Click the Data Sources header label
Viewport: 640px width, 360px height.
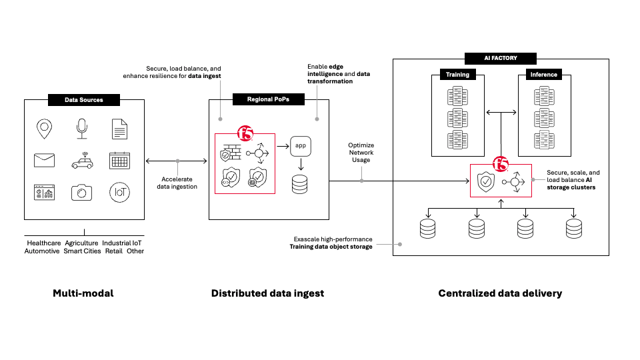[84, 100]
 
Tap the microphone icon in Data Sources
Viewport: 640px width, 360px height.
[82, 128]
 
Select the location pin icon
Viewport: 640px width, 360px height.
[44, 128]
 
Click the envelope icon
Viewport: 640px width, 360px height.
[44, 160]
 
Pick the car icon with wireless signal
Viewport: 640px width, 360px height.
[82, 160]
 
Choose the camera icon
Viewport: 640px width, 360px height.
[82, 192]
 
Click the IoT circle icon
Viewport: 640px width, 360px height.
[119, 192]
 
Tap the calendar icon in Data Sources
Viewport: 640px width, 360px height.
[119, 160]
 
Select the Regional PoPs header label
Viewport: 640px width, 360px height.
[268, 100]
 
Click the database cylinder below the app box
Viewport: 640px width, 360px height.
[301, 184]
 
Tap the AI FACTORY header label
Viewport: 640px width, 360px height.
[500, 58]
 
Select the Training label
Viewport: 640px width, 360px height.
[457, 75]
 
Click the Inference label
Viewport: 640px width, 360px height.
[543, 75]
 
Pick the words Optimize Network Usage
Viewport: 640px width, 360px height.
[361, 153]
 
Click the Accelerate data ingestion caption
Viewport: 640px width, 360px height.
[177, 183]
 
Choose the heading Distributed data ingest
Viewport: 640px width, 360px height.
[267, 293]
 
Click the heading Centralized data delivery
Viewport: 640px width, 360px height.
[500, 293]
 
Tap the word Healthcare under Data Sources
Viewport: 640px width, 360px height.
[44, 243]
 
